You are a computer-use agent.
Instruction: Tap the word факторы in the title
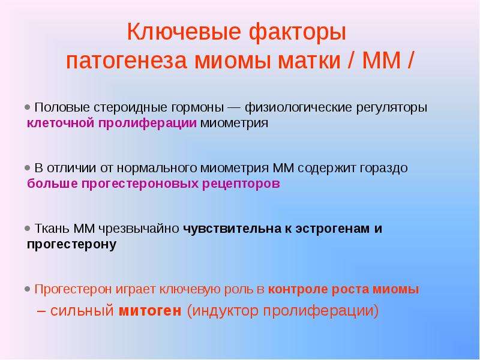coord(297,32)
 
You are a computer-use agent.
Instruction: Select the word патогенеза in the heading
coord(127,61)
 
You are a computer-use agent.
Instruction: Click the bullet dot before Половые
coord(28,107)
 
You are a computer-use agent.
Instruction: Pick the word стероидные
coord(131,108)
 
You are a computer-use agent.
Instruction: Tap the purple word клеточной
coord(61,123)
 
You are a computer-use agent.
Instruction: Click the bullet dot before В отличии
coord(28,168)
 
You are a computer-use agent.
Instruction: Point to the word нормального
coord(157,168)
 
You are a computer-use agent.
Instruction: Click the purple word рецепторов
coord(241,184)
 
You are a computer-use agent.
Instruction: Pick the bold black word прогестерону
coord(71,245)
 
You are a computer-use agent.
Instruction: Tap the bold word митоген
coord(150,310)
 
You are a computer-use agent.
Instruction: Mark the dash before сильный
coord(41,311)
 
